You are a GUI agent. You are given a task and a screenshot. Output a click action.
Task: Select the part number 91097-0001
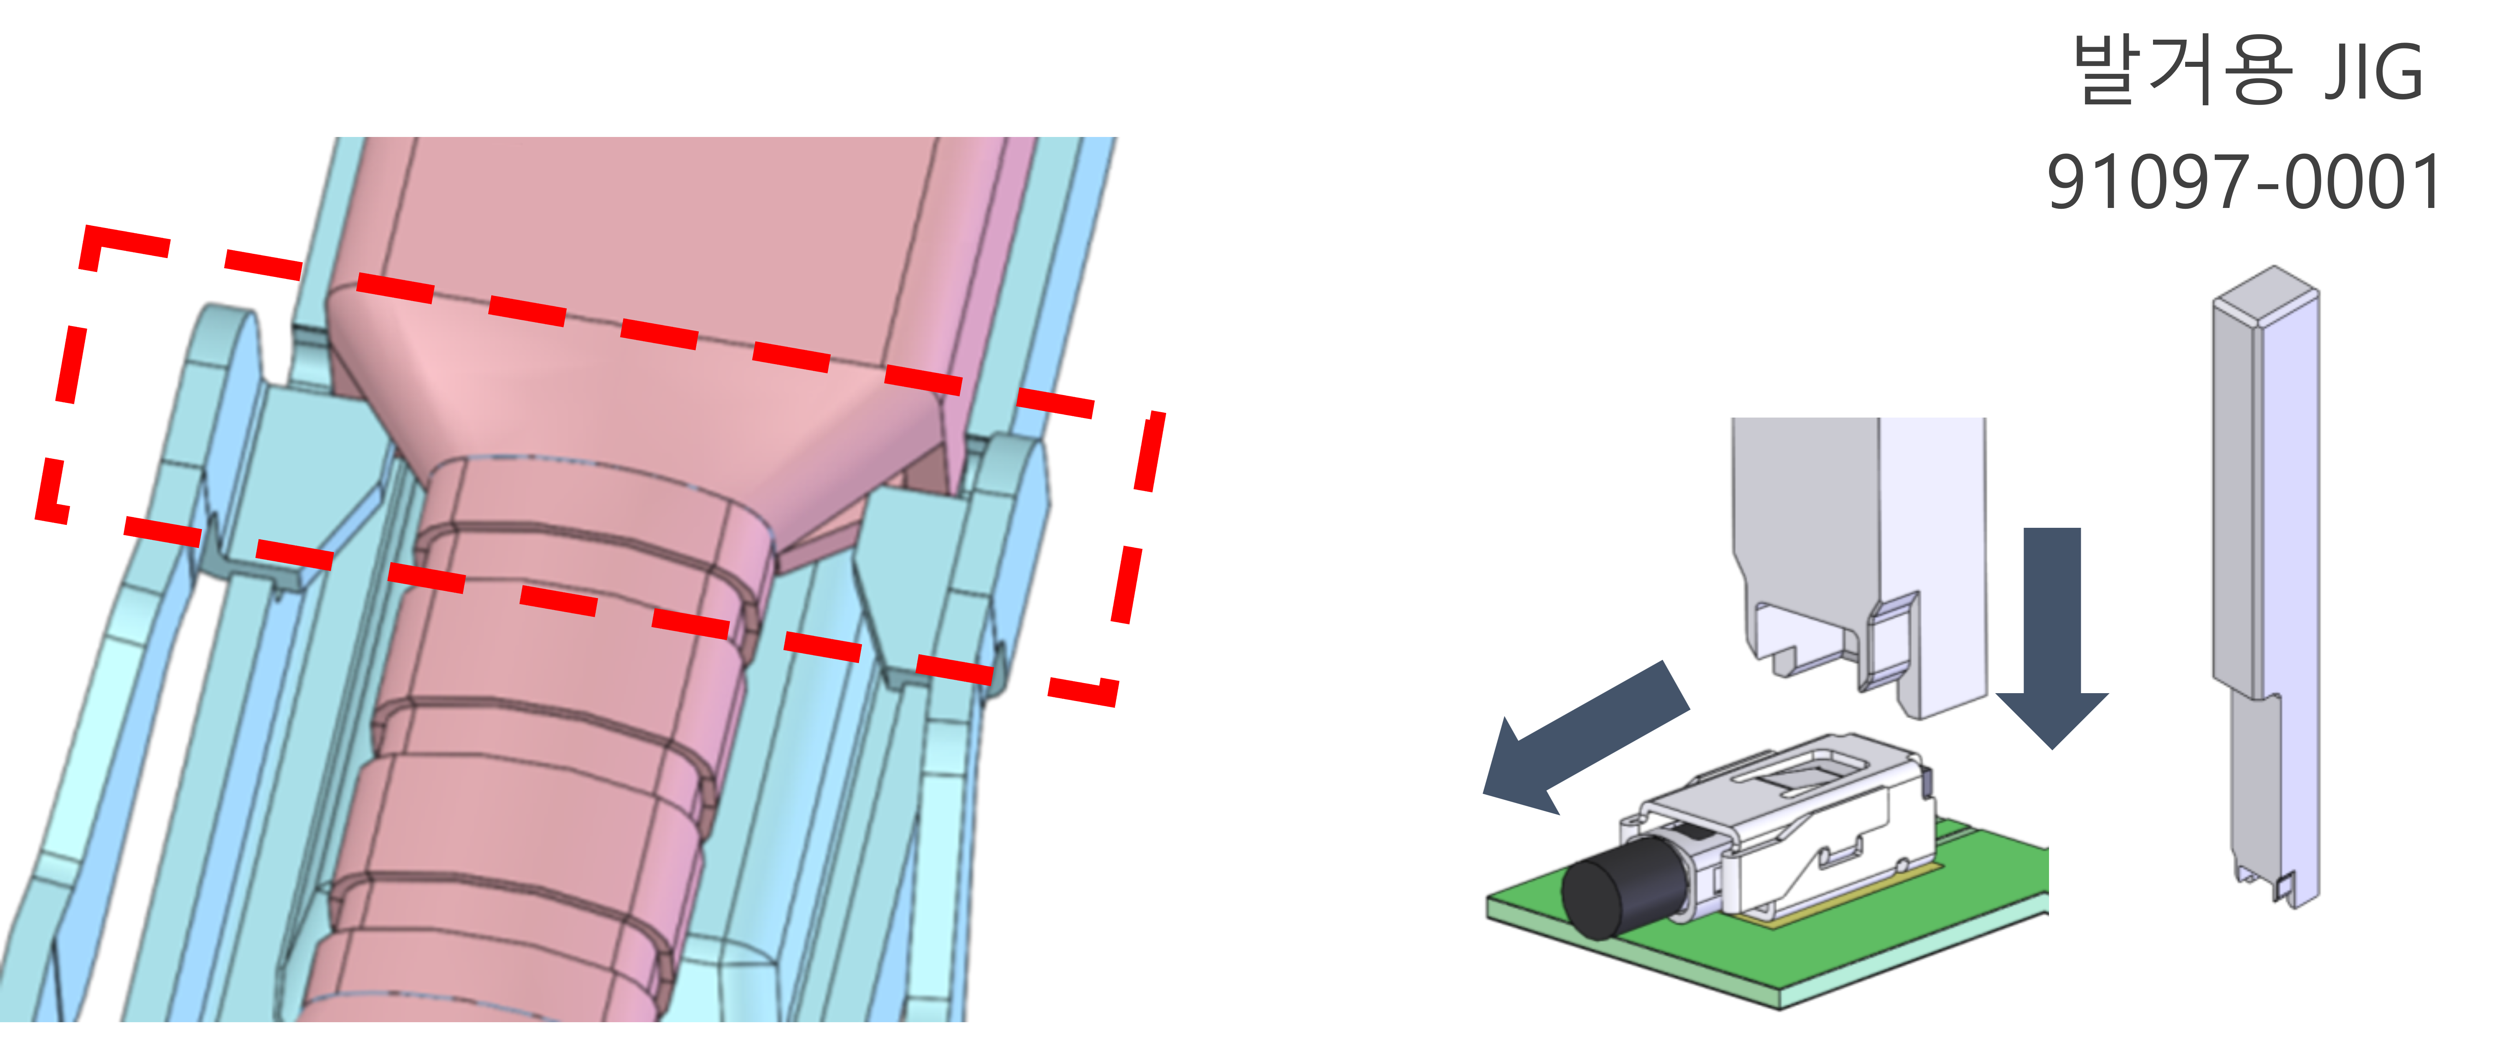[2244, 182]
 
